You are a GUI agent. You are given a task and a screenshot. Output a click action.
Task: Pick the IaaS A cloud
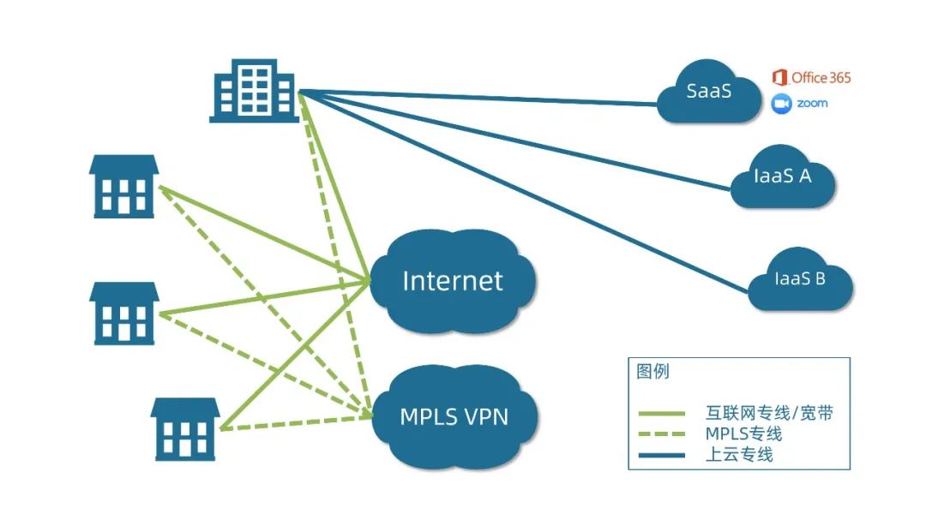click(782, 180)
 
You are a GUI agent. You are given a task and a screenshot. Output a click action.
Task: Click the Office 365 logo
click(811, 78)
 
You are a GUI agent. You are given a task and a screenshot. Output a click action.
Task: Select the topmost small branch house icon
click(123, 186)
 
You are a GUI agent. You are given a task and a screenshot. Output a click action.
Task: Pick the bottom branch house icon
click(185, 428)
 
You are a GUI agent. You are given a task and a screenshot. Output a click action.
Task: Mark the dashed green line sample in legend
click(661, 434)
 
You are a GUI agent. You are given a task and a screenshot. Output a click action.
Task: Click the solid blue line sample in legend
click(661, 455)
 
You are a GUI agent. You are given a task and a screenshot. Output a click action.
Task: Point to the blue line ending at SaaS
click(480, 98)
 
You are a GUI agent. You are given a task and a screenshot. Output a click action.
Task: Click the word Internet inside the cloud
click(453, 281)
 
